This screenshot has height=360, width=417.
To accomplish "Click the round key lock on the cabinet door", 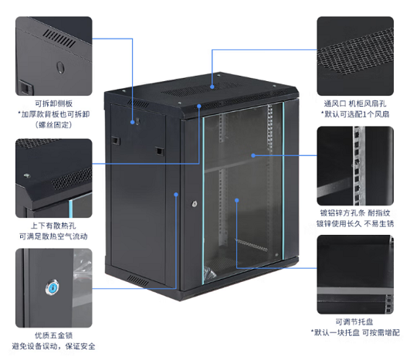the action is coord(195,204).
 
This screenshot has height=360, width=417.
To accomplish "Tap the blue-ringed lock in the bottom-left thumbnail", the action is coord(53,287).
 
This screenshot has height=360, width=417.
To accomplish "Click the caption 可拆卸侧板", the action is coord(54,104).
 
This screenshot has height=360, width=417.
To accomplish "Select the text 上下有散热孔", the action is coord(53,226).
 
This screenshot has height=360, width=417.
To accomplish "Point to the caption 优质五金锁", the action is coord(54,335).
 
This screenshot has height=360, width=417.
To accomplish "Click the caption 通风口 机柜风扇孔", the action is coord(354,104).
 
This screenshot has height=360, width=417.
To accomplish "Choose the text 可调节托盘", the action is coord(354,322).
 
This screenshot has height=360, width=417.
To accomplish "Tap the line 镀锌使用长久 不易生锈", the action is coord(355,223).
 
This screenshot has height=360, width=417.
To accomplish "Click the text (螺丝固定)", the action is coord(54,124).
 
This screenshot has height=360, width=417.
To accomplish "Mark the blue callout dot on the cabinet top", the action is coord(212,87).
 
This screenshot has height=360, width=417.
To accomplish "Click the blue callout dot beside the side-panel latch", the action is coord(133,122).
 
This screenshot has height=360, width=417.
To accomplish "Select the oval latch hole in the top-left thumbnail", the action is coord(61,67).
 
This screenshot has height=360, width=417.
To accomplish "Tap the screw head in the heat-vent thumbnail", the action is coord(27,175).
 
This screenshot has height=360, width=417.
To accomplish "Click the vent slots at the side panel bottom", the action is coord(137,280).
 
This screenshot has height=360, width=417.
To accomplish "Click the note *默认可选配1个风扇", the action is coord(355,114).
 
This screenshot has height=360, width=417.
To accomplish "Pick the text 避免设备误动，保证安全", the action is coord(53,346).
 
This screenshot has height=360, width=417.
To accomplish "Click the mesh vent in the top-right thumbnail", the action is coord(356,53).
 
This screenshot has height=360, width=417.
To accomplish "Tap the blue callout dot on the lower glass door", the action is coord(237,200).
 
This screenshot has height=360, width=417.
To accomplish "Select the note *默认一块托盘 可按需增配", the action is coord(355,333).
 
